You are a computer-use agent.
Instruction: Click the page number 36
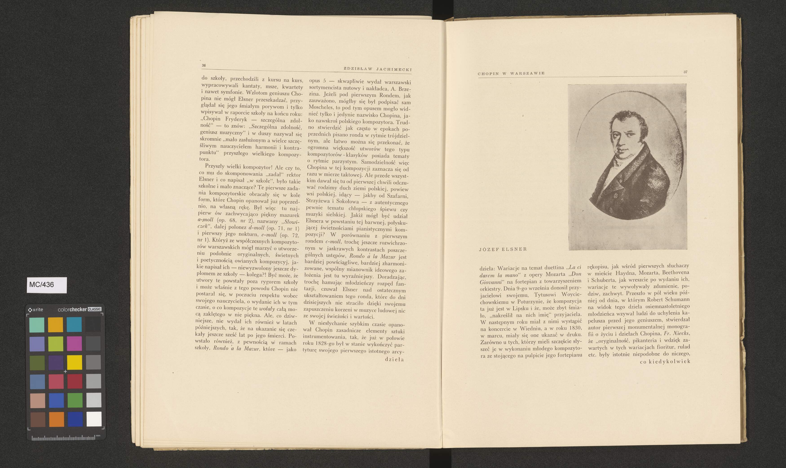pyautogui.click(x=204, y=65)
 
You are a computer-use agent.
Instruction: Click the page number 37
pyautogui.click(x=685, y=72)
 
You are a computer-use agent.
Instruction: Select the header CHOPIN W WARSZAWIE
pyautogui.click(x=511, y=74)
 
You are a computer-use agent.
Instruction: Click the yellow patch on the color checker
pyautogui.click(x=75, y=362)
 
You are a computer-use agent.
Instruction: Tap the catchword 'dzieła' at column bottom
pyautogui.click(x=395, y=359)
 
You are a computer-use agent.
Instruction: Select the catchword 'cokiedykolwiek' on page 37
pyautogui.click(x=665, y=361)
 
